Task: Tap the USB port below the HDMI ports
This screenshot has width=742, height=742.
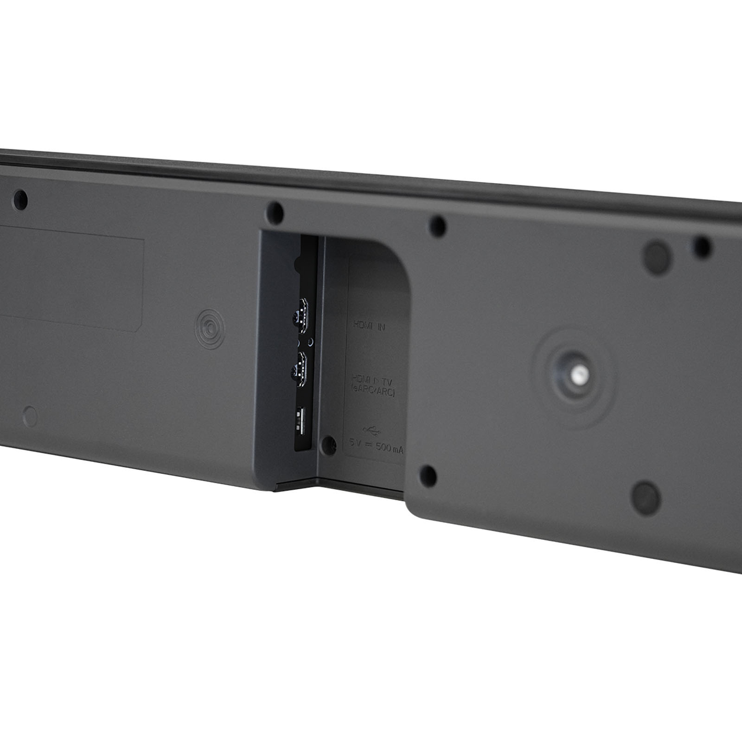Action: click(301, 421)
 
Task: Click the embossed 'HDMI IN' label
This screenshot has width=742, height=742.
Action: click(369, 325)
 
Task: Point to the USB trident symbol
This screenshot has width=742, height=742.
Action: click(370, 429)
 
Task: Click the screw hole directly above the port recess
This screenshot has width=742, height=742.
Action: click(275, 211)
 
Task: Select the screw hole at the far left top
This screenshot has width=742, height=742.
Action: click(20, 198)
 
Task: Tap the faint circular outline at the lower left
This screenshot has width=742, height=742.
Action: click(30, 416)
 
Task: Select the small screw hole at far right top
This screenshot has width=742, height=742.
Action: click(702, 246)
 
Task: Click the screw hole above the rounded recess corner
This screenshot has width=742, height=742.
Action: click(437, 226)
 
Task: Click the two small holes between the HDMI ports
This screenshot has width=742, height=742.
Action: click(305, 342)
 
